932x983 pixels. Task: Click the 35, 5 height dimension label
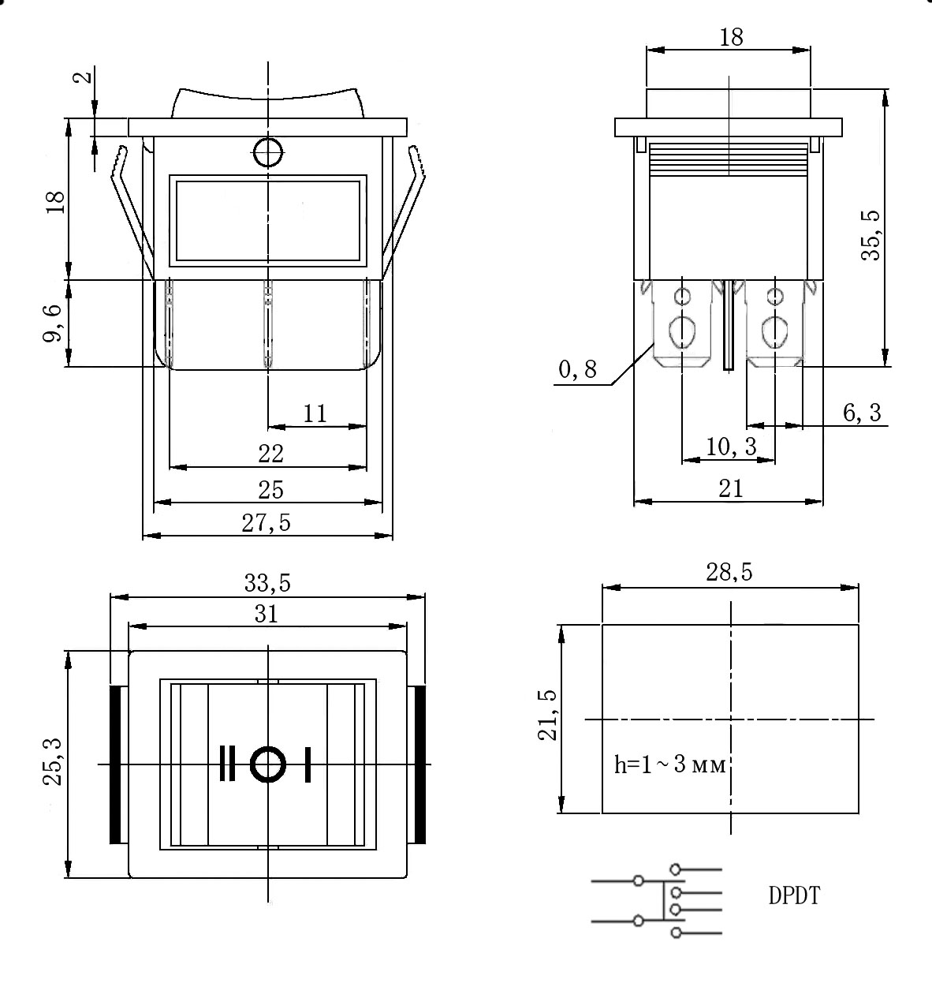pyautogui.click(x=871, y=235)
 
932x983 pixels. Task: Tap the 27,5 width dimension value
pyautogui.click(x=266, y=523)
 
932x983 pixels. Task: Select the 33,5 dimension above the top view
pyautogui.click(x=267, y=583)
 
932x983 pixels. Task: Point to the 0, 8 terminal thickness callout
pyautogui.click(x=578, y=369)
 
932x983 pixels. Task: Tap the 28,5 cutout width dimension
pyautogui.click(x=729, y=572)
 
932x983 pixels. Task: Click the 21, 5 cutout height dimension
pyautogui.click(x=547, y=715)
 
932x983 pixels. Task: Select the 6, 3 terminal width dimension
pyautogui.click(x=862, y=413)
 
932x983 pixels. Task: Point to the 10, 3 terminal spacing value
pyautogui.click(x=731, y=446)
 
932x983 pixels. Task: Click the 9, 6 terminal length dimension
pyautogui.click(x=53, y=323)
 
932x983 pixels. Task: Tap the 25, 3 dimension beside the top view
pyautogui.click(x=52, y=762)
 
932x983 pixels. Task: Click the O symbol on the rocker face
pyautogui.click(x=268, y=764)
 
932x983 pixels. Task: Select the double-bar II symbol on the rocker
pyautogui.click(x=227, y=764)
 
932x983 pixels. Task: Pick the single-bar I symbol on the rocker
pyautogui.click(x=308, y=764)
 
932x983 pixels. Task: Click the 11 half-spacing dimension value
pyautogui.click(x=315, y=413)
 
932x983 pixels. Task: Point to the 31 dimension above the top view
pyautogui.click(x=266, y=614)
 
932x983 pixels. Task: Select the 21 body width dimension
pyautogui.click(x=731, y=488)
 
